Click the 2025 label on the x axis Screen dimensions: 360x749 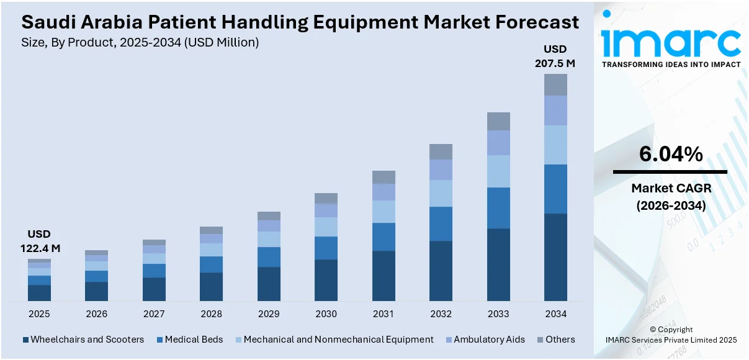click(39, 314)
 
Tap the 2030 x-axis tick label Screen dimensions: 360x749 click(326, 314)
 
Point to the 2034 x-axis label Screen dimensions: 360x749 click(555, 314)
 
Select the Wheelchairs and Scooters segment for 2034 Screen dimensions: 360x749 click(555, 257)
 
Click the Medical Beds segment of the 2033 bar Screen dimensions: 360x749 click(498, 208)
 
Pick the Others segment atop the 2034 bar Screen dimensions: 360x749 click(555, 84)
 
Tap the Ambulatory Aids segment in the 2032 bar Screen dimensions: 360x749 click(441, 169)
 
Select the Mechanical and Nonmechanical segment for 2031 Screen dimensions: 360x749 click(383, 212)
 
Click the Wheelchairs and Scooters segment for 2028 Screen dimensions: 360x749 click(211, 287)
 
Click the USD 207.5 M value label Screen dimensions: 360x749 click(555, 56)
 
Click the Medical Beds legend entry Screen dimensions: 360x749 click(190, 340)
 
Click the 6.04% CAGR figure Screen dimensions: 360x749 click(671, 155)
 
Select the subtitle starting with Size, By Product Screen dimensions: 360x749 click(140, 42)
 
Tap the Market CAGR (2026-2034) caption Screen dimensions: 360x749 click(671, 196)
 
